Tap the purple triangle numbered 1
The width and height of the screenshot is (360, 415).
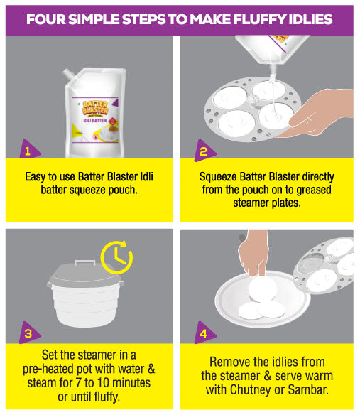point(28,149)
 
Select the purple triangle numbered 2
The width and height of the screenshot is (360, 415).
point(204,151)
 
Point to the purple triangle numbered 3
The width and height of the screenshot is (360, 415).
point(28,333)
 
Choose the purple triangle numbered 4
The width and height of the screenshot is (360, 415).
point(204,333)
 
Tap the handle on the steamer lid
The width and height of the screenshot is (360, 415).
point(85,262)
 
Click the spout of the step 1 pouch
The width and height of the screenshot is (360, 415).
point(69,74)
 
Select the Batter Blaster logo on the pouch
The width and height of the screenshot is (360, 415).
point(95,108)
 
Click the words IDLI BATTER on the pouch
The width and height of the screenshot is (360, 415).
point(95,120)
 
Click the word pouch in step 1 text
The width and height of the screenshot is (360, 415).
point(123,190)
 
